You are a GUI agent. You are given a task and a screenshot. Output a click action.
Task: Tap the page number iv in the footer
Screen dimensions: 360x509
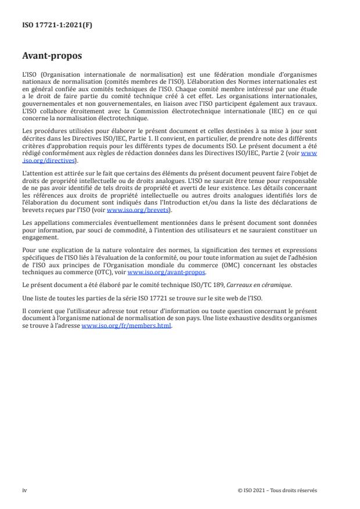point(24,490)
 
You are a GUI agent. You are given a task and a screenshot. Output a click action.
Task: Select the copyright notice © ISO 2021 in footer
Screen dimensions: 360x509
point(278,490)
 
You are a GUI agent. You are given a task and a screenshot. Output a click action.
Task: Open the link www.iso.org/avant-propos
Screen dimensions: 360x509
point(167,272)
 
